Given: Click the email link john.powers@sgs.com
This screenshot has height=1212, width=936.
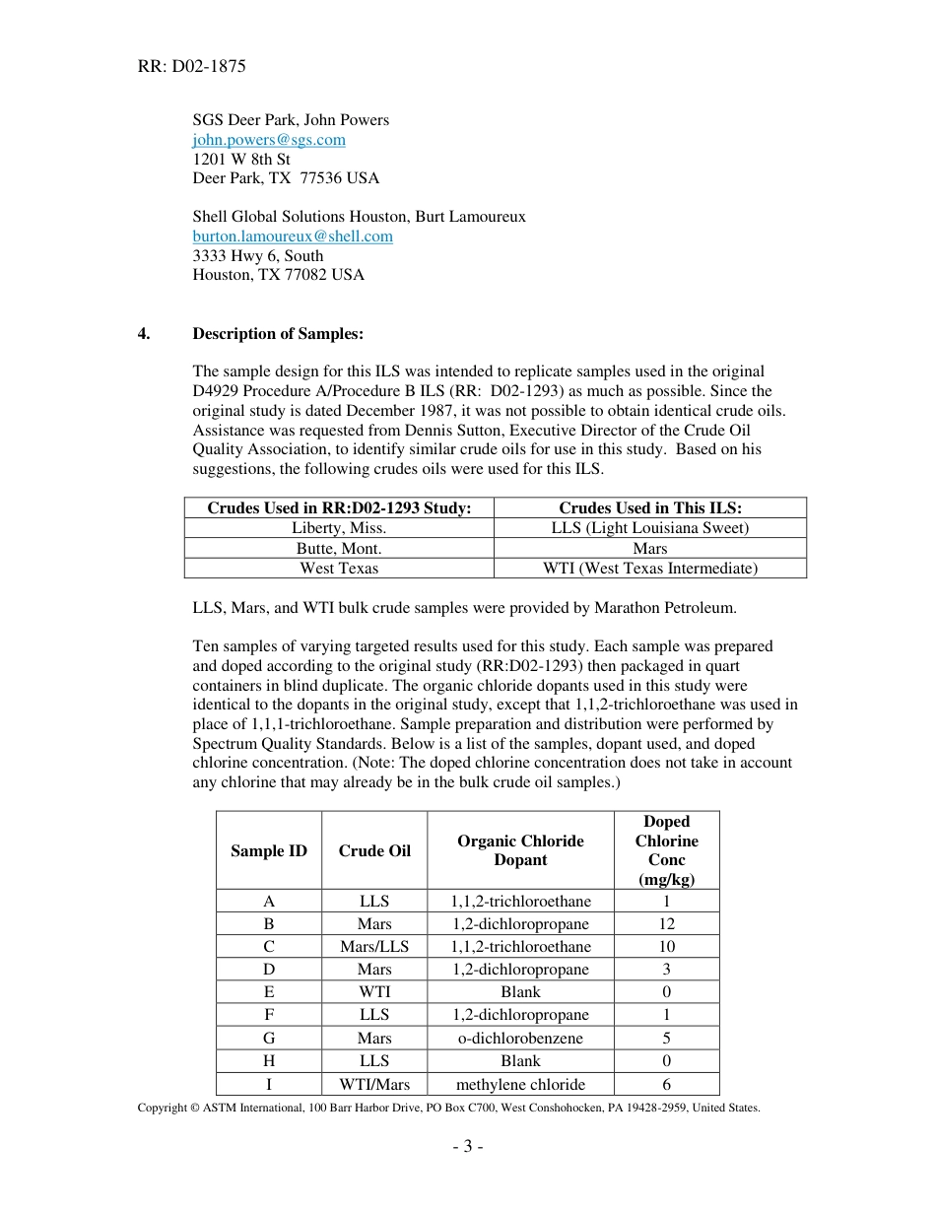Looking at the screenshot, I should (268, 140).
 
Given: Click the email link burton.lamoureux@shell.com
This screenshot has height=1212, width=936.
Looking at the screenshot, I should (292, 236).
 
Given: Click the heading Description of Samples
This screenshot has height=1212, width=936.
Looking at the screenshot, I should (278, 334).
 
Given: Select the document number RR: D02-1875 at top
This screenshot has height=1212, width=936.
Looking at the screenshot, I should (192, 67).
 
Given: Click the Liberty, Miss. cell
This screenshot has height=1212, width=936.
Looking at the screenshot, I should (339, 528).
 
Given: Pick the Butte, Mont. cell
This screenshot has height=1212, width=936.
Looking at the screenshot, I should (339, 548).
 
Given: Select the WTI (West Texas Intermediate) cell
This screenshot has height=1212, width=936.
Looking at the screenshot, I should (649, 569).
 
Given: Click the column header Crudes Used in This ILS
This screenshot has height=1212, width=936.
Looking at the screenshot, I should (649, 508).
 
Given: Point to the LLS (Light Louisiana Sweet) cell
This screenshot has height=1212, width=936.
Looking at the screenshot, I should (649, 528).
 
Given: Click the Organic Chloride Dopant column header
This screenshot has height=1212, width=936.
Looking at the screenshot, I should (520, 850).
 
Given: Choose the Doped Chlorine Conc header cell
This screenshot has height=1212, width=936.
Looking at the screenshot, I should (666, 850).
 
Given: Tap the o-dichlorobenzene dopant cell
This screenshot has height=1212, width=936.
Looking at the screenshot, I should (520, 1039).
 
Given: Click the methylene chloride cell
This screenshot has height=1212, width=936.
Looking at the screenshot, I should (520, 1085).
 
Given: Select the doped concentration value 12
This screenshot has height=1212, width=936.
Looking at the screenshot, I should (666, 924).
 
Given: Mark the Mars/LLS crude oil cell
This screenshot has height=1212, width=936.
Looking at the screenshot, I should (374, 947).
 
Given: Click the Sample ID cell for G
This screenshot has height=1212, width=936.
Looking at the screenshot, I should (269, 1039).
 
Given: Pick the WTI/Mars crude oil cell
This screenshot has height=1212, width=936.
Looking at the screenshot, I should (374, 1085).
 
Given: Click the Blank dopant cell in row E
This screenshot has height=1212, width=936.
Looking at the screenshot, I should (520, 992).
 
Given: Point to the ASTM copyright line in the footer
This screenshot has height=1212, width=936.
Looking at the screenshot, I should (448, 1109).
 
